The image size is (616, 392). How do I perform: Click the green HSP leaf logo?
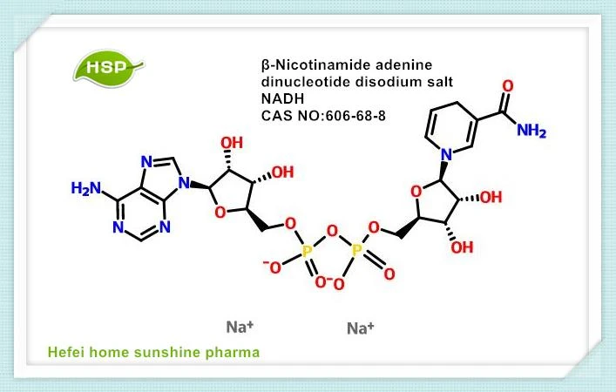(x=108, y=68)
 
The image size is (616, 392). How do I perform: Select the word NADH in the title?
(x=283, y=98)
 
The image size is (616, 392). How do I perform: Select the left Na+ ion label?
(x=240, y=327)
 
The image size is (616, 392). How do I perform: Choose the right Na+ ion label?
(x=360, y=328)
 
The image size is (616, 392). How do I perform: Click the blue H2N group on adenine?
(x=86, y=188)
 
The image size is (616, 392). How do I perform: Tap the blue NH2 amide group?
(x=531, y=130)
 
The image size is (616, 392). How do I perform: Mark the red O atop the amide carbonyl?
(x=508, y=85)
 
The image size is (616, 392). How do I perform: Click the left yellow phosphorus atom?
(x=307, y=250)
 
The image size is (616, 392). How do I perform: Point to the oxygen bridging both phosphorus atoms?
(x=332, y=232)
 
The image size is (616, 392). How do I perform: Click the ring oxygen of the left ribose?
(x=220, y=213)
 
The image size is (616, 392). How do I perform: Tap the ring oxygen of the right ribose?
(x=416, y=192)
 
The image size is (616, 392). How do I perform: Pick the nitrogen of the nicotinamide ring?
(x=446, y=155)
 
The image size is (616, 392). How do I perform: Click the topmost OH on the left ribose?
(x=232, y=143)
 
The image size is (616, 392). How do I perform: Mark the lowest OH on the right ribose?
(x=462, y=247)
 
